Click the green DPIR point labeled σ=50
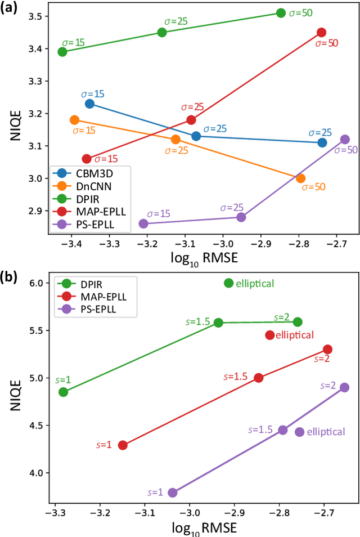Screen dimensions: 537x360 coord(281,13)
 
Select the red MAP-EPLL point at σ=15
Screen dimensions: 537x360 coord(87,159)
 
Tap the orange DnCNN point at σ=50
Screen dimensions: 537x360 coord(300,178)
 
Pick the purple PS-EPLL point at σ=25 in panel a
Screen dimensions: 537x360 coord(241,217)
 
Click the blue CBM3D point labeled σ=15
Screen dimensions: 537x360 coord(89,104)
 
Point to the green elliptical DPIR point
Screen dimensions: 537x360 coord(228,283)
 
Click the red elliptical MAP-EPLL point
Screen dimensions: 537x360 coord(270,335)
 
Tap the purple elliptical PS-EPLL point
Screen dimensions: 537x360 coord(300,432)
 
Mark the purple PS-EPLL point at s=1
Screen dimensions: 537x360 coord(173,493)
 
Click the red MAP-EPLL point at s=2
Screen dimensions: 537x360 coord(327,350)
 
